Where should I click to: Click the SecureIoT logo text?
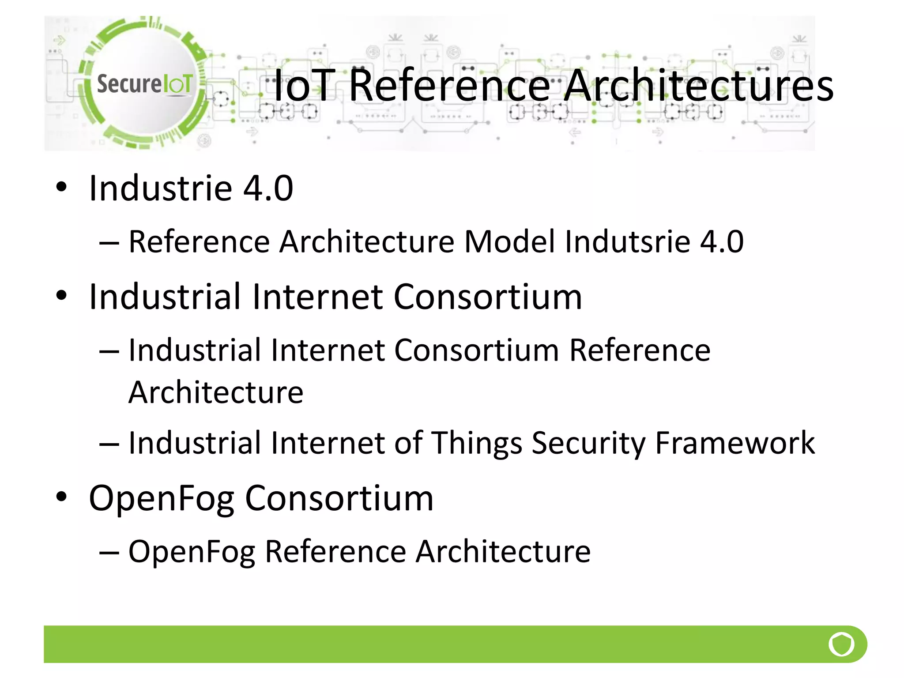tap(144, 84)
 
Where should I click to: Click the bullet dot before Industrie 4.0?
tap(61, 187)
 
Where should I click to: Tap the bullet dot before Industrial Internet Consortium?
tap(61, 295)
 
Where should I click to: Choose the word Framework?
tap(735, 443)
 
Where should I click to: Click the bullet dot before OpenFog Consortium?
tap(61, 497)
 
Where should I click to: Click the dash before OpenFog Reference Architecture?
tap(109, 552)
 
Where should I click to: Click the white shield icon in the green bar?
tap(841, 644)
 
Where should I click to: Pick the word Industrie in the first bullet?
tap(160, 188)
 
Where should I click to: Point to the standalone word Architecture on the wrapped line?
tap(216, 392)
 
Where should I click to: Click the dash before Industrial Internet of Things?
tap(109, 444)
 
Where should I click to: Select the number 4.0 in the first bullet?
tap(268, 188)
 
